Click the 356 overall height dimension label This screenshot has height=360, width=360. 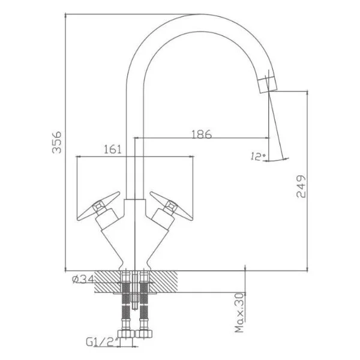coord(57,142)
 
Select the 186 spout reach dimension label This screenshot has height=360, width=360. coord(202,134)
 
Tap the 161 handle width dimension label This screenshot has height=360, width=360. coord(113,149)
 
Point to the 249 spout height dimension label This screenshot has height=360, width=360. coord(301,186)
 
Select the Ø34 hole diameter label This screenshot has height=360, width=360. coord(83,279)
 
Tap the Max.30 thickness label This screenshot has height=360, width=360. coord(239,313)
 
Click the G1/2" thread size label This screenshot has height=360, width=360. coord(103,342)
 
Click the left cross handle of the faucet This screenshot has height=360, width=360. coord(98,206)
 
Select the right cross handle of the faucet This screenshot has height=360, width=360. coord(171,206)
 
